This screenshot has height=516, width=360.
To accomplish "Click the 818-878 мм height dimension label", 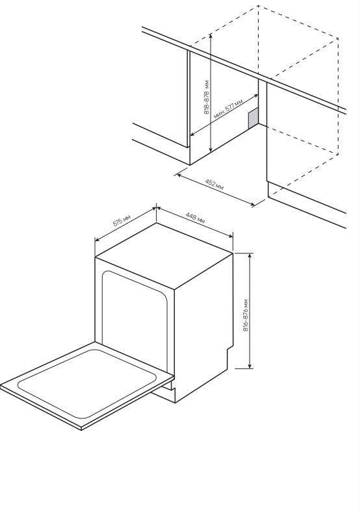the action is (207, 97).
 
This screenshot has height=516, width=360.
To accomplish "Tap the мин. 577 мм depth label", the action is (228, 109).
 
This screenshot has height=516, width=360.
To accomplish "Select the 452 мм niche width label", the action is (214, 185).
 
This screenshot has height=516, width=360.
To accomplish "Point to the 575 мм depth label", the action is (122, 220).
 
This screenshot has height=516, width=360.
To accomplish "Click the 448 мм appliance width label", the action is (195, 218).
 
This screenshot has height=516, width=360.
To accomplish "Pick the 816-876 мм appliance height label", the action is (246, 315).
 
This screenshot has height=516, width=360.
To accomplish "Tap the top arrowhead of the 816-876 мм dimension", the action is (250, 256).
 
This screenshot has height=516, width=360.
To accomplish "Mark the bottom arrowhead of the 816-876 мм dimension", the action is (250, 365).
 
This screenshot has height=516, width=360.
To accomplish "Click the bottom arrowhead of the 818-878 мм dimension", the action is (211, 149).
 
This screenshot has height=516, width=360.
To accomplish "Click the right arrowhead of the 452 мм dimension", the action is (252, 204).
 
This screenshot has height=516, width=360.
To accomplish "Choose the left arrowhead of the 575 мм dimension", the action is (97, 240).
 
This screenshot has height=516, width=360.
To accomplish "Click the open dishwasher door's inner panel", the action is (86, 383).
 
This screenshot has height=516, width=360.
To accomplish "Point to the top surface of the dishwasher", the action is (164, 255).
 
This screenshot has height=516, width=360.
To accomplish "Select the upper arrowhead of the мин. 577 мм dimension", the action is (256, 96).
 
